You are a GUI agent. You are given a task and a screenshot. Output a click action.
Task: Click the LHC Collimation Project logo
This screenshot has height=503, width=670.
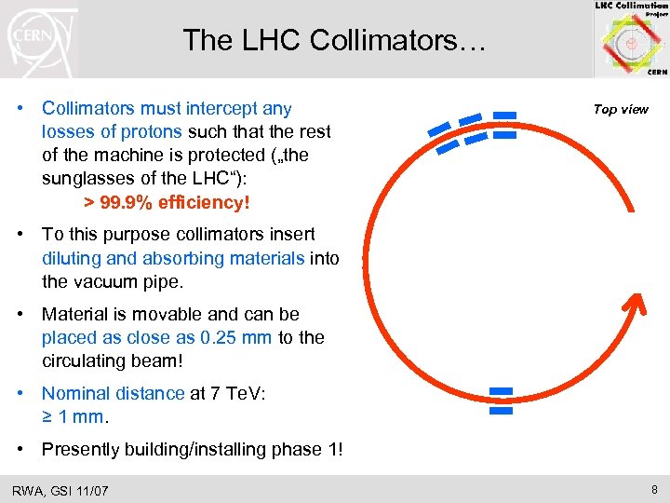click(630, 39)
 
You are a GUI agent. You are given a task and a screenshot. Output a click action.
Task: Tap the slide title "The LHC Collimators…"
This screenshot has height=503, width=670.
click(333, 40)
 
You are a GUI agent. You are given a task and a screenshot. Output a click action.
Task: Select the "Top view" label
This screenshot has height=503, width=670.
click(621, 109)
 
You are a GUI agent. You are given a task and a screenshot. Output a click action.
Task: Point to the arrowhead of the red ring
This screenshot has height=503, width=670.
click(632, 305)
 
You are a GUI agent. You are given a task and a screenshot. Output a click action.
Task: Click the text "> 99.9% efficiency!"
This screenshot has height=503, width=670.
click(167, 202)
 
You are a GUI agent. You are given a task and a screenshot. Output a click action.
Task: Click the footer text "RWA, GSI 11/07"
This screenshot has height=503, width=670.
click(60, 490)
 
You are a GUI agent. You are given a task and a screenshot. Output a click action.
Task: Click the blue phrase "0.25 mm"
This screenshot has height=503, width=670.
click(226, 337)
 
